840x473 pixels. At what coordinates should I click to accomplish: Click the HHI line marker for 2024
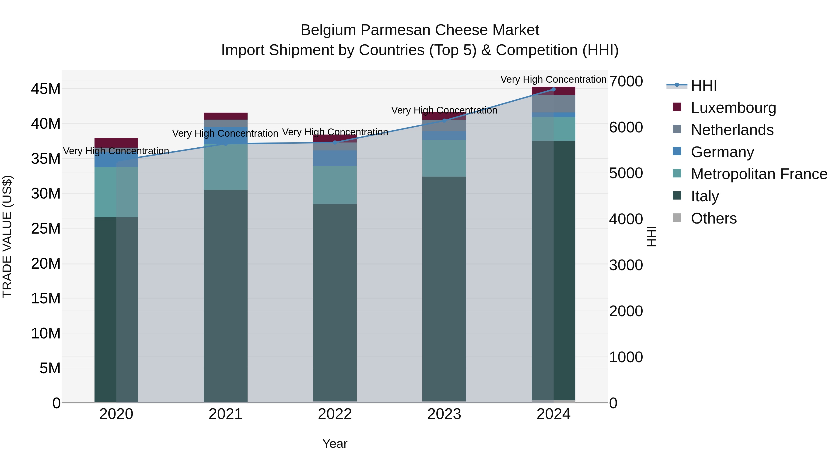(553, 89)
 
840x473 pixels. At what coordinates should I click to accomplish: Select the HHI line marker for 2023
(444, 121)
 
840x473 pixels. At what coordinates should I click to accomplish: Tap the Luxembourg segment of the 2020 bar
(116, 143)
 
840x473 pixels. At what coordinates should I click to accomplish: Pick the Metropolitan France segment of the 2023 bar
(444, 158)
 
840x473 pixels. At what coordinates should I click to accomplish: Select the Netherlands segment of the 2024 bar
(553, 103)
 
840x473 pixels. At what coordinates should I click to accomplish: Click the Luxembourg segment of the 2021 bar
(226, 116)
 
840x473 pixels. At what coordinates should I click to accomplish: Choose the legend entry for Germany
(722, 152)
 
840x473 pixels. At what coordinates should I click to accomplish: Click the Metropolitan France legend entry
(759, 174)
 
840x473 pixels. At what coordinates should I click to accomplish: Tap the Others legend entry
(714, 218)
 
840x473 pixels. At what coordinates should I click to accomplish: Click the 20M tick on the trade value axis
(46, 263)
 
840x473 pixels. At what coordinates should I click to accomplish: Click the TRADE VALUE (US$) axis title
(7, 236)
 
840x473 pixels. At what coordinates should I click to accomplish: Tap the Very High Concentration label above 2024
(553, 79)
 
